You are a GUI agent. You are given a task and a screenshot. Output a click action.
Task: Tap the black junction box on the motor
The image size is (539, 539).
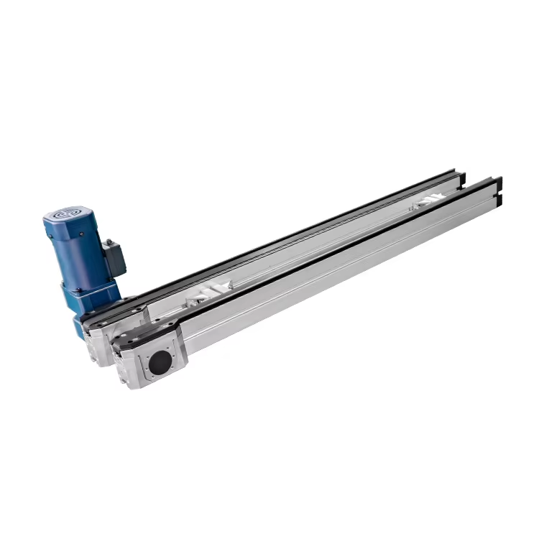(x=114, y=257)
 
